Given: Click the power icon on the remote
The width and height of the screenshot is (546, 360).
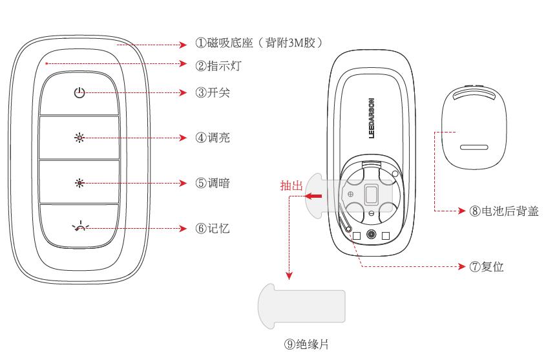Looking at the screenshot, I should tap(79, 93).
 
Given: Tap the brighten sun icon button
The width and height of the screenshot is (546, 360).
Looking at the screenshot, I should tap(79, 138).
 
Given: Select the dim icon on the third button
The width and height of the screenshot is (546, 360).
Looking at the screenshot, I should tap(79, 183).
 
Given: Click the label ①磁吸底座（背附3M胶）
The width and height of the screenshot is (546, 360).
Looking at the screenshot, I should tap(259, 44).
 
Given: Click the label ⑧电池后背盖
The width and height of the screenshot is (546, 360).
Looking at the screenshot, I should tap(503, 211).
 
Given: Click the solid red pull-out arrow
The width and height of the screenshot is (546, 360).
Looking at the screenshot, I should tap(315, 196).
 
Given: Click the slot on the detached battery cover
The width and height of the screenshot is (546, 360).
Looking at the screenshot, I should tap(474, 147).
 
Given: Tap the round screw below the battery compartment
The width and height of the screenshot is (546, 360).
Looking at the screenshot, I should tap(371, 235).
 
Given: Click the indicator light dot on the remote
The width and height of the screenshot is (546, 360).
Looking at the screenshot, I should tap(47, 63).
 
